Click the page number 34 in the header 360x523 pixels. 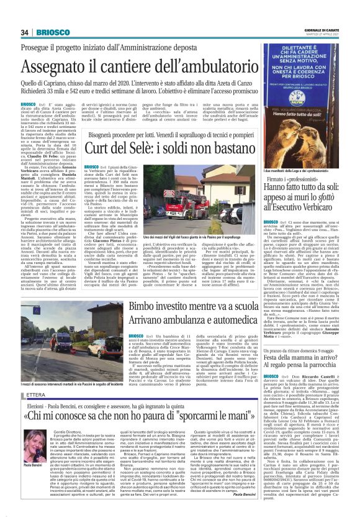[x=25, y=32]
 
